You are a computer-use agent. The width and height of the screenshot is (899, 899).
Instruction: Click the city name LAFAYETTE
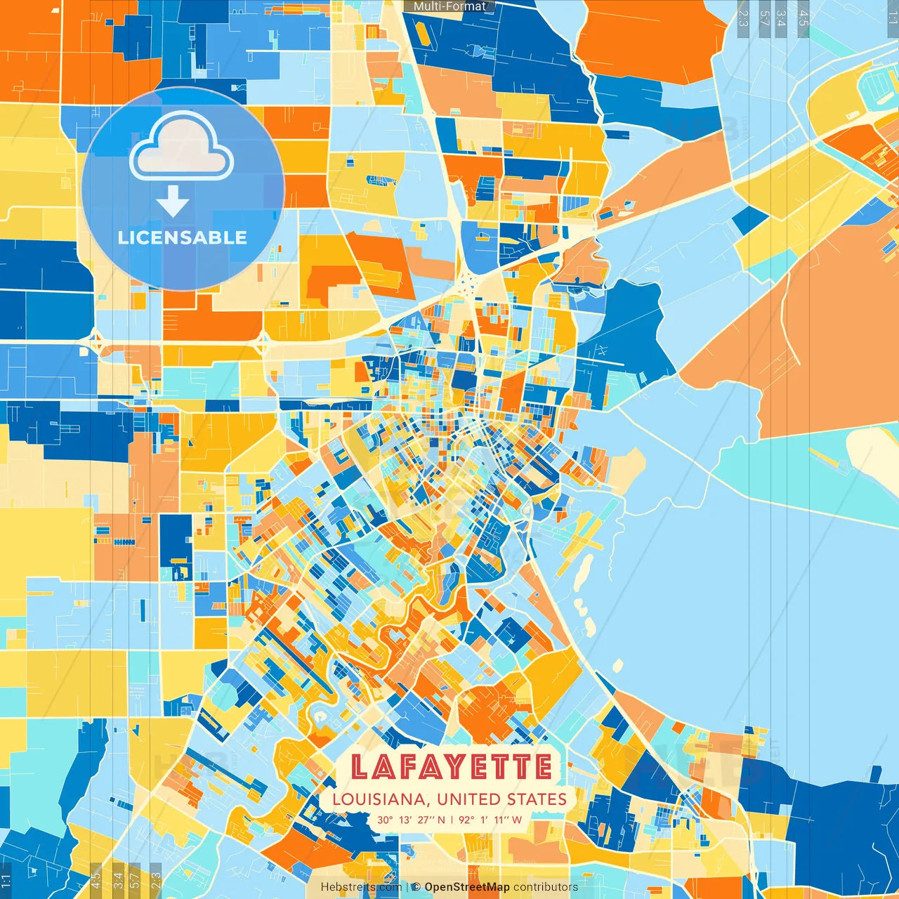click(x=451, y=767)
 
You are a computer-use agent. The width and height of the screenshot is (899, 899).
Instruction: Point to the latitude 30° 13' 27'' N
click(x=411, y=820)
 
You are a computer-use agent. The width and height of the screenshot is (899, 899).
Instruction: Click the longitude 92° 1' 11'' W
click(x=490, y=820)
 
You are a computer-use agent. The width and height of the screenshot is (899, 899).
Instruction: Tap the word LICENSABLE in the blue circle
click(x=183, y=237)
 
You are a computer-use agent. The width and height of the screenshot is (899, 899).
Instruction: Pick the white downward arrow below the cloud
click(x=173, y=201)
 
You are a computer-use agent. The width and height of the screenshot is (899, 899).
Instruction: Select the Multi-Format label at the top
click(x=449, y=6)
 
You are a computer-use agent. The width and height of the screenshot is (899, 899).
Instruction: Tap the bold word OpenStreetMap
click(x=467, y=887)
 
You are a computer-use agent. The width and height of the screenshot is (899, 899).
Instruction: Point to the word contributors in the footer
click(x=546, y=887)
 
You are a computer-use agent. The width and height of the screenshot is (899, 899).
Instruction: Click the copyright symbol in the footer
click(x=416, y=887)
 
